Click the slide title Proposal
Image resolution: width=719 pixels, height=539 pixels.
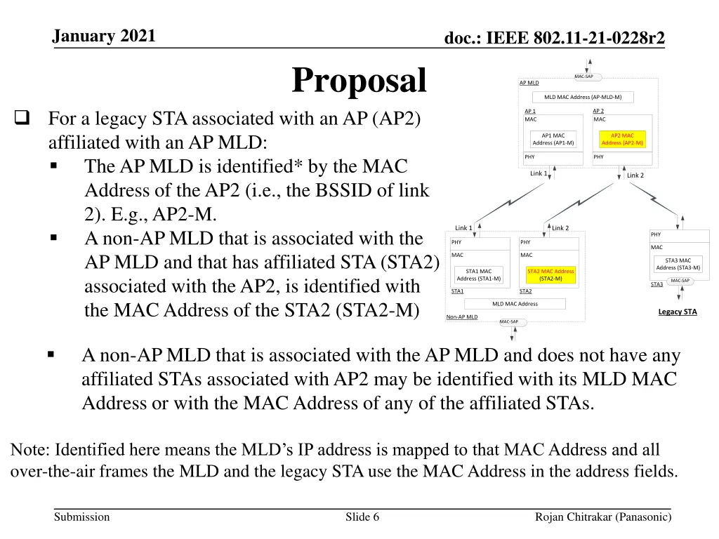click(x=359, y=80)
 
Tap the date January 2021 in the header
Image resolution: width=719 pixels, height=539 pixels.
click(x=104, y=36)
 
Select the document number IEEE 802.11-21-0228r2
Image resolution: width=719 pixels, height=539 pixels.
click(x=555, y=39)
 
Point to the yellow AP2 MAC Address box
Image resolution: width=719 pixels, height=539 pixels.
click(x=622, y=139)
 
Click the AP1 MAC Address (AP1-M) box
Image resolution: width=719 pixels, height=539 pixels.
click(x=553, y=139)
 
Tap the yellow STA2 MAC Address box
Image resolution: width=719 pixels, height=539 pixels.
click(x=550, y=274)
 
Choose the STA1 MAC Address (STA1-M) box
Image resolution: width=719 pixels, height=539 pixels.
click(x=479, y=274)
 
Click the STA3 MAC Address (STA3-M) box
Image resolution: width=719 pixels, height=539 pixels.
click(x=678, y=264)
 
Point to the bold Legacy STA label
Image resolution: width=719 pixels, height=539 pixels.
click(x=678, y=312)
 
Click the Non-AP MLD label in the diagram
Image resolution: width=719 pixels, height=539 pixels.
click(x=462, y=317)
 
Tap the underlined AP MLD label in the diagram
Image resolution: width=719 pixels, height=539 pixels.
click(x=529, y=83)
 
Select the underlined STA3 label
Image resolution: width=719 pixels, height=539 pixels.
click(x=657, y=284)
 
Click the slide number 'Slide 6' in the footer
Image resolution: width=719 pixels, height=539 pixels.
click(x=362, y=517)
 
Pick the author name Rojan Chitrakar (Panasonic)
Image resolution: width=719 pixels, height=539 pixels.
click(x=603, y=517)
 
